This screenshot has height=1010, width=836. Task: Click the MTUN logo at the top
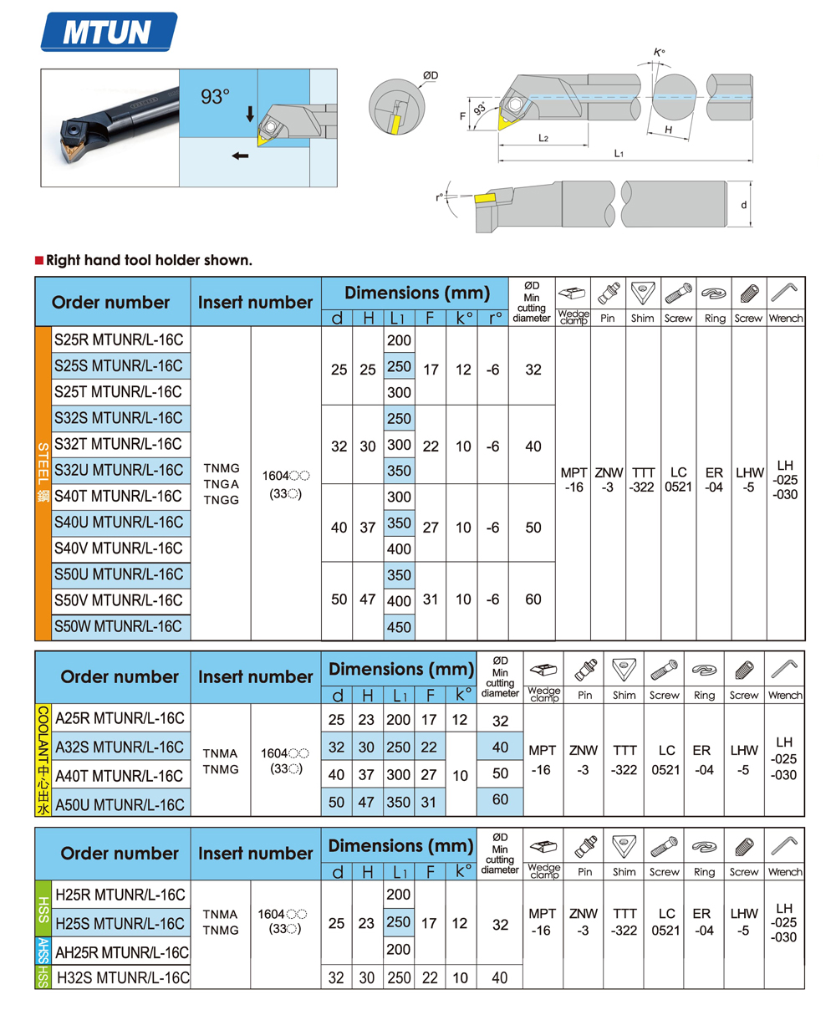[x=109, y=32]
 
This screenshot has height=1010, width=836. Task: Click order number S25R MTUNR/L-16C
[x=118, y=339]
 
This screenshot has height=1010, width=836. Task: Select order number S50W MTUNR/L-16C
[x=118, y=625]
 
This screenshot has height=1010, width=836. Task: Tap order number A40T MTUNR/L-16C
[x=119, y=775]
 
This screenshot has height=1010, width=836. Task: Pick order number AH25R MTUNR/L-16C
[x=122, y=952]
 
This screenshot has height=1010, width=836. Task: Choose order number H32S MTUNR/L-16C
[x=122, y=977]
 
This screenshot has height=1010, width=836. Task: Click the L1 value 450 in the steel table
[x=400, y=626]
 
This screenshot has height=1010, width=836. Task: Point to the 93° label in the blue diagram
[x=215, y=97]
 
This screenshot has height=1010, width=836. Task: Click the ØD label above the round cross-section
[x=431, y=76]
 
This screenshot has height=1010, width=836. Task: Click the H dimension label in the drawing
[x=669, y=130]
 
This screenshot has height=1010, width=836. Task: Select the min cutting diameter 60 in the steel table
[x=533, y=599]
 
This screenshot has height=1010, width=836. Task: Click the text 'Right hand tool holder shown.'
[x=148, y=261]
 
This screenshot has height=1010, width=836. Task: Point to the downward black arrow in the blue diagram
[x=249, y=114]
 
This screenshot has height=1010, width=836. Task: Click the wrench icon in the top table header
[x=785, y=293]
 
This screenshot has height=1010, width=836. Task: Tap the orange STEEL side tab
[x=43, y=483]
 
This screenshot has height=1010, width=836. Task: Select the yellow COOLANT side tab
[x=43, y=760]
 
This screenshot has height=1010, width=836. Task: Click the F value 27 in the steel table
[x=431, y=528]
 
